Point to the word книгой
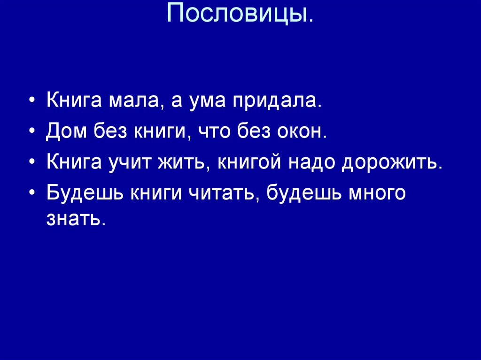tap(248, 162)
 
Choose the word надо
tap(312, 162)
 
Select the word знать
tap(74, 218)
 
